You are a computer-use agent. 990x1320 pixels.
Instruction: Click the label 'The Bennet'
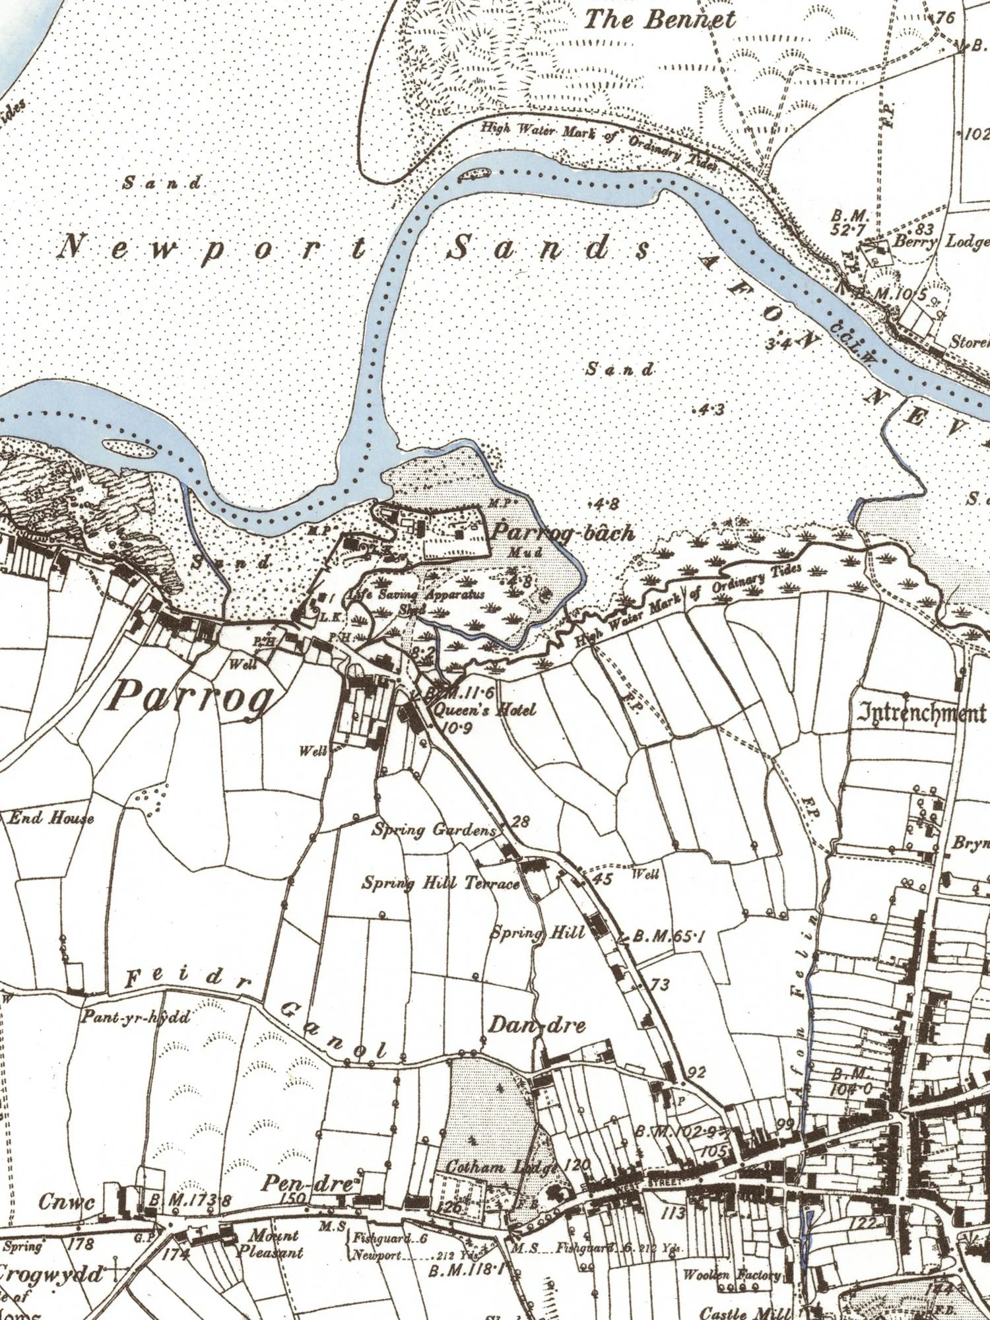[659, 19]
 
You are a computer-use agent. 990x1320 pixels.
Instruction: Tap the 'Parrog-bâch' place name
[564, 532]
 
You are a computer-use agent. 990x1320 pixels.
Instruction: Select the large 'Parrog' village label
[191, 697]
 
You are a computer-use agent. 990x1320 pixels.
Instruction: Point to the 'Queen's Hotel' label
[484, 710]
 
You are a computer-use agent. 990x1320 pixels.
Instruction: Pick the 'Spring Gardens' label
[434, 830]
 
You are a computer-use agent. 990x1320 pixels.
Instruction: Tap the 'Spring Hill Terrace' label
[441, 882]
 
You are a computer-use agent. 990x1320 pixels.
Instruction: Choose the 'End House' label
[51, 818]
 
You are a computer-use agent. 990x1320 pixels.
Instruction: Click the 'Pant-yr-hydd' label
[136, 1017]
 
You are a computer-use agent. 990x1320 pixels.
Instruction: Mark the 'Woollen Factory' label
[732, 1274]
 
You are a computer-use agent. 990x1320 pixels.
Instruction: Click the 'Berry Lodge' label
[941, 242]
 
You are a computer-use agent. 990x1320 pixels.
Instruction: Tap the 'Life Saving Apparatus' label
[416, 595]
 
